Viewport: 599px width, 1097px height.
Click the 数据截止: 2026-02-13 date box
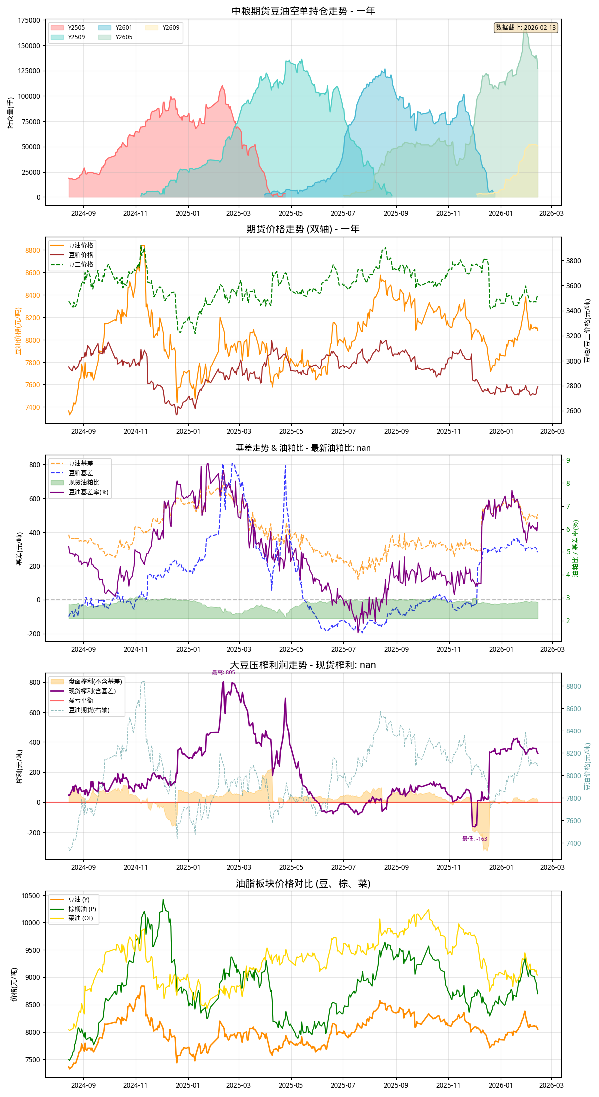[x=525, y=28]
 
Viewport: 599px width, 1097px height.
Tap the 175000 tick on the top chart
[x=29, y=20]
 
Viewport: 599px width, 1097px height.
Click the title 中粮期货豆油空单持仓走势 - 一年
[x=303, y=11]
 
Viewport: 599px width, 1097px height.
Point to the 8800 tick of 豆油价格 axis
[x=33, y=250]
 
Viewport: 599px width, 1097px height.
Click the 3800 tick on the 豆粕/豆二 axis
[x=573, y=261]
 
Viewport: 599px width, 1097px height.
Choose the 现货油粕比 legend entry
[x=84, y=482]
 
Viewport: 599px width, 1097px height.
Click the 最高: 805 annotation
[x=223, y=672]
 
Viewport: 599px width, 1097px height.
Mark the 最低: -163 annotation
[x=474, y=839]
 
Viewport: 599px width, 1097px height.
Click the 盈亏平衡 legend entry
[x=81, y=700]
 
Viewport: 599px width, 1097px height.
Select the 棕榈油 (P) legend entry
[x=82, y=909]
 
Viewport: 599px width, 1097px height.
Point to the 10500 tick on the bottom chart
[x=30, y=896]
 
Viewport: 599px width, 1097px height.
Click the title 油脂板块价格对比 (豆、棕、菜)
[x=303, y=883]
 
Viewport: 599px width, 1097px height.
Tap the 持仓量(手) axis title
[x=11, y=113]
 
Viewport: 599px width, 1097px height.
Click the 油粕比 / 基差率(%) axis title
[x=575, y=548]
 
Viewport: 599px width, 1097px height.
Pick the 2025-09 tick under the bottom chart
[x=396, y=1085]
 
